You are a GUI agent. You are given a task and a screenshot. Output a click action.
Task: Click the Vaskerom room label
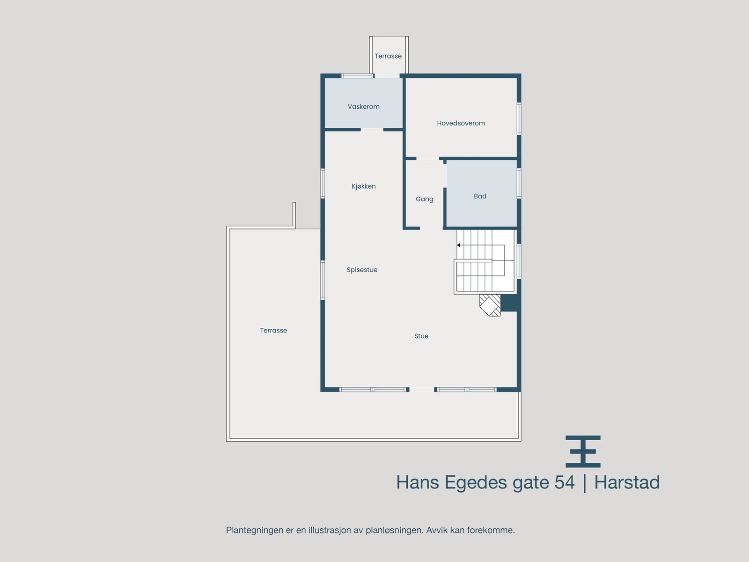click(x=363, y=107)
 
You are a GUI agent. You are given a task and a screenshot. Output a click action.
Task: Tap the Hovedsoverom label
click(x=461, y=123)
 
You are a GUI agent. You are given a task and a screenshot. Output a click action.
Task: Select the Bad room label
click(x=480, y=196)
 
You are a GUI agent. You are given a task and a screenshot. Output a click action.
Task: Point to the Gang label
click(x=424, y=199)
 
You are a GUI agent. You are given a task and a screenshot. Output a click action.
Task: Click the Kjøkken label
click(x=363, y=186)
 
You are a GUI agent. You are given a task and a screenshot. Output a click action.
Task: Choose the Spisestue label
click(x=362, y=270)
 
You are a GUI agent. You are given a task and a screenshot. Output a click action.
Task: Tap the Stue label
click(x=421, y=336)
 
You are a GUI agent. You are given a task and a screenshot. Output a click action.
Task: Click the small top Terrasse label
click(x=388, y=56)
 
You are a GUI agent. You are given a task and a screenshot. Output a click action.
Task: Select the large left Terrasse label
click(x=273, y=331)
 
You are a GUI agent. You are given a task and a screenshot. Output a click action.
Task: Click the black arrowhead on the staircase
click(x=459, y=245)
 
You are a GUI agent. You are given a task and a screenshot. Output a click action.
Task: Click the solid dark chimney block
click(x=509, y=303)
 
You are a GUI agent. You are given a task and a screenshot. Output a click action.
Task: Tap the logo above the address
click(x=583, y=451)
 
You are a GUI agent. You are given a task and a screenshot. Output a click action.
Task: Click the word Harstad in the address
click(x=627, y=482)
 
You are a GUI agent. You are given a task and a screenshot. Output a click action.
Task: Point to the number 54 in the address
click(x=565, y=482)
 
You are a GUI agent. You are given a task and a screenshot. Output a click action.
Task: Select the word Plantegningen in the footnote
click(x=255, y=530)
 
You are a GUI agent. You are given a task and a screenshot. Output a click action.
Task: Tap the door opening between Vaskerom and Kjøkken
click(x=372, y=130)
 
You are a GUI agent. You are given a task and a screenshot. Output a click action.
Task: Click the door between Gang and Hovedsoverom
click(x=427, y=159)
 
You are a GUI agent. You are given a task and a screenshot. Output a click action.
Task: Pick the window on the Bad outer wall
click(x=519, y=183)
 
